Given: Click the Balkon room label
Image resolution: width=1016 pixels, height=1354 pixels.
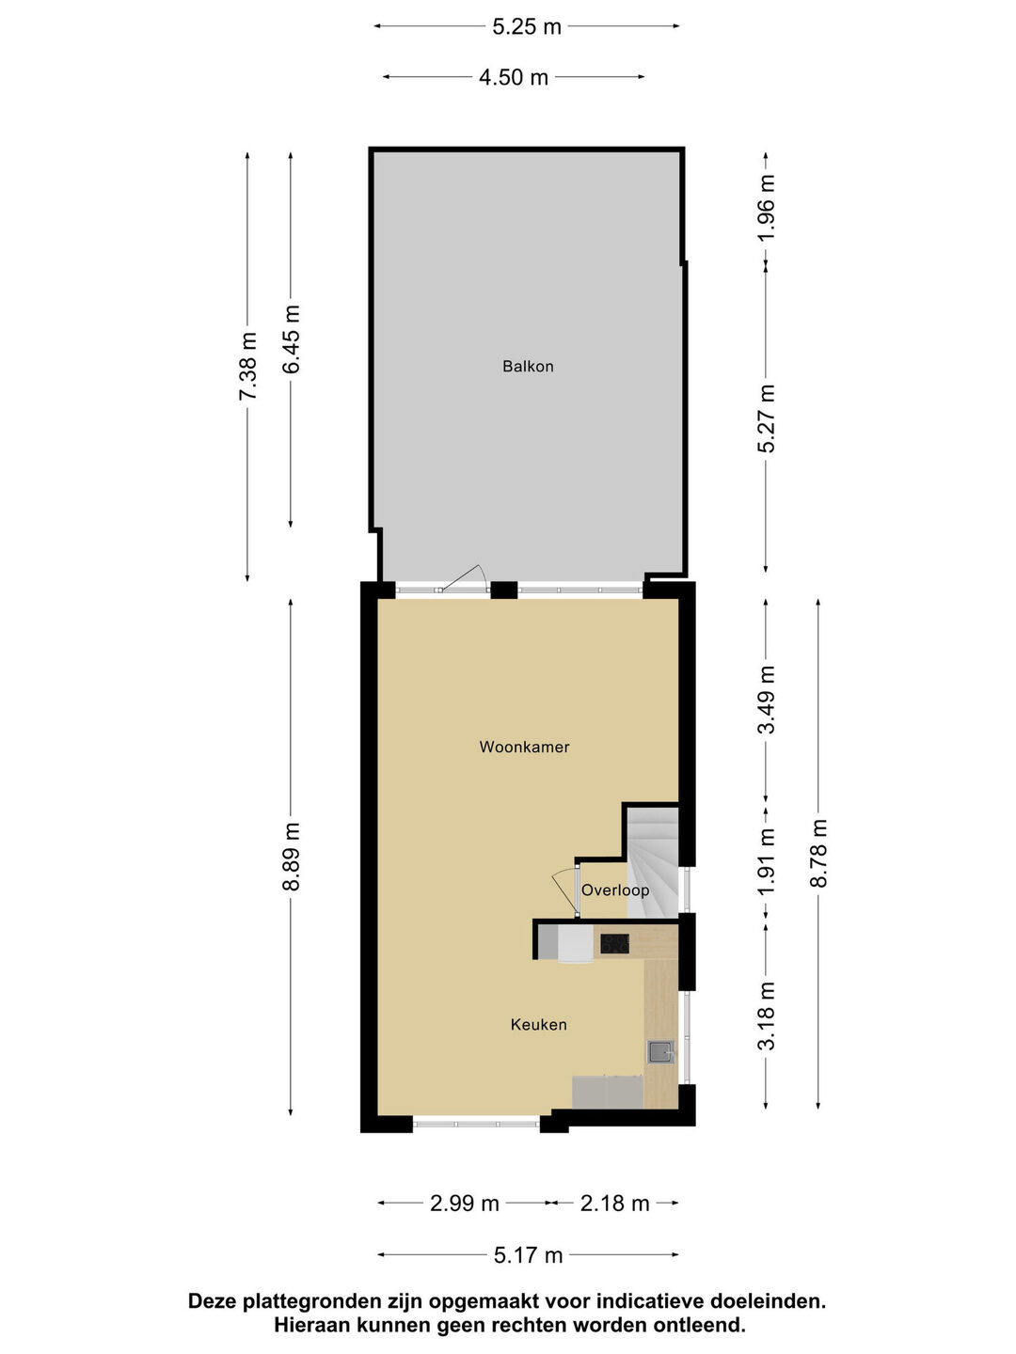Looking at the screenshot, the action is pyautogui.click(x=528, y=367).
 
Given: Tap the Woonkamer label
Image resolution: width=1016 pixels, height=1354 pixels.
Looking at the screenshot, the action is pyautogui.click(x=524, y=747).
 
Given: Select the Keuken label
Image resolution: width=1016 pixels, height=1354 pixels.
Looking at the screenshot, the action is pyautogui.click(x=538, y=1025).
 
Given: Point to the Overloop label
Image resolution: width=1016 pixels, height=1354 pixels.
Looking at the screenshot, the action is pyautogui.click(x=615, y=890).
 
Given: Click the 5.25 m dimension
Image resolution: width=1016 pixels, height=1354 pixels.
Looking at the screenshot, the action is pyautogui.click(x=527, y=26).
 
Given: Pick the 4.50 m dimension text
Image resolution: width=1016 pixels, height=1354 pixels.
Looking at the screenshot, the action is pyautogui.click(x=514, y=77).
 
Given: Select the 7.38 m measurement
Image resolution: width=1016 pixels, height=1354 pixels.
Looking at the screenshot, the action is pyautogui.click(x=247, y=366).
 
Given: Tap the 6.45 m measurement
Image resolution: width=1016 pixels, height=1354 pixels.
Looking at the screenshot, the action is pyautogui.click(x=291, y=339).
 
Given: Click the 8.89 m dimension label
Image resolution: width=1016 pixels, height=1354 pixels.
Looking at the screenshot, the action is pyautogui.click(x=291, y=857).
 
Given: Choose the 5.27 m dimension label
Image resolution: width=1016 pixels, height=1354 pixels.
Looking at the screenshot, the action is pyautogui.click(x=766, y=418).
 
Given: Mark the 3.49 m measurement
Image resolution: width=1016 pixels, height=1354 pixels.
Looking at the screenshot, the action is pyautogui.click(x=766, y=700).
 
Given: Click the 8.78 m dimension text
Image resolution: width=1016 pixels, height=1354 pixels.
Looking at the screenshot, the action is pyautogui.click(x=818, y=853).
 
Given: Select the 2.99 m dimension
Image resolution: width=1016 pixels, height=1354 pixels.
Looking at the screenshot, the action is pyautogui.click(x=464, y=1203).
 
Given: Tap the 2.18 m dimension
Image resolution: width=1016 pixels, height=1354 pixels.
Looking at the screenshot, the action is pyautogui.click(x=614, y=1203).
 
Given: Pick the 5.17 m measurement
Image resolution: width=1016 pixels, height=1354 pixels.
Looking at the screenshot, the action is pyautogui.click(x=528, y=1254).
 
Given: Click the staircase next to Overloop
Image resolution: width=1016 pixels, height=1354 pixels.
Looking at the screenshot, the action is pyautogui.click(x=653, y=861).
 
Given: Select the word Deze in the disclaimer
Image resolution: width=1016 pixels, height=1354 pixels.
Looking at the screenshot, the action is pyautogui.click(x=212, y=1302).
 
